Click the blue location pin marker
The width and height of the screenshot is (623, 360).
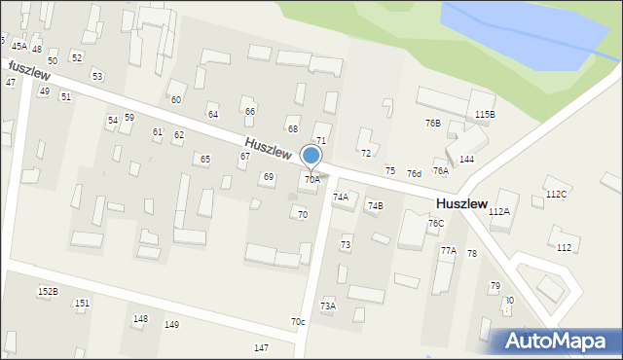pyautogui.click(x=311, y=156)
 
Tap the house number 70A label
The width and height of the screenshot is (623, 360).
pyautogui.click(x=312, y=179)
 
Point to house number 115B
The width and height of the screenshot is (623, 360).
pyautogui.click(x=485, y=115)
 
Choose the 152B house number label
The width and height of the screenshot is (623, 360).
pyautogui.click(x=48, y=292)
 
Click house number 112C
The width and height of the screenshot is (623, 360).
pyautogui.click(x=556, y=195)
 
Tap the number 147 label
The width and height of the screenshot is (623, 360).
pyautogui.click(x=261, y=347)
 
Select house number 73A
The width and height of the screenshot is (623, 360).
pyautogui.click(x=328, y=306)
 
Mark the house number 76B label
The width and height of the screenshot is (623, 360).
pyautogui.click(x=432, y=124)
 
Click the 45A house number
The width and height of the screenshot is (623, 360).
pyautogui.click(x=18, y=46)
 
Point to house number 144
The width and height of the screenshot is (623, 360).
pyautogui.click(x=466, y=159)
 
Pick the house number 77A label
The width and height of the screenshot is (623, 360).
pyautogui.click(x=448, y=251)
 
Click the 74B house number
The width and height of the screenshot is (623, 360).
pyautogui.click(x=375, y=205)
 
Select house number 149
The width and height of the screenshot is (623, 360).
pyautogui.click(x=171, y=325)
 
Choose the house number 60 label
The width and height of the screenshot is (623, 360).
pyautogui.click(x=176, y=100)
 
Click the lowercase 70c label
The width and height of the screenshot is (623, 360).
pyautogui.click(x=297, y=322)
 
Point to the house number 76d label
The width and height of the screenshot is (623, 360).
pyautogui.click(x=414, y=173)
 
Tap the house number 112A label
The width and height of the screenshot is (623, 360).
pyautogui.click(x=498, y=212)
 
